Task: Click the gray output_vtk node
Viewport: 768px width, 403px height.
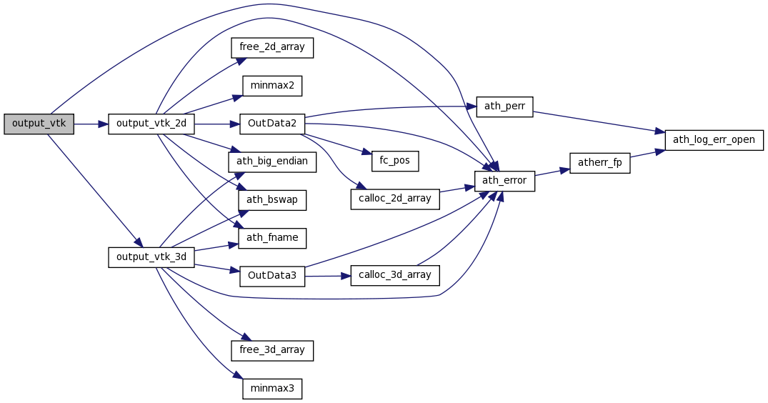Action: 39,124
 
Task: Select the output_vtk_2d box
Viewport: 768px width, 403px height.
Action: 151,124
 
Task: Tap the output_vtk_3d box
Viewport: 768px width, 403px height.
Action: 151,257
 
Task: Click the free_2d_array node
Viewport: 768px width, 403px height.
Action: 272,47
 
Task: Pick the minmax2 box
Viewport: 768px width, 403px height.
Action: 272,86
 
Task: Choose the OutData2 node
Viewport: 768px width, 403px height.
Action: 272,124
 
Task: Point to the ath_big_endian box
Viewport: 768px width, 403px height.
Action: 272,161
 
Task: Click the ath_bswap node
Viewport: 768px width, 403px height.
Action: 272,200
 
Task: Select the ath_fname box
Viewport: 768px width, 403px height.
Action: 272,238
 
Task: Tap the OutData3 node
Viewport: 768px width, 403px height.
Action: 272,276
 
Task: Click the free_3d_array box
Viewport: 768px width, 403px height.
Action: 272,350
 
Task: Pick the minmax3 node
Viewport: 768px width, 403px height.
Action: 272,389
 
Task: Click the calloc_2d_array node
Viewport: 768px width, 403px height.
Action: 395,199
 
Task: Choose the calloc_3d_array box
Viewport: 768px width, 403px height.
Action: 395,275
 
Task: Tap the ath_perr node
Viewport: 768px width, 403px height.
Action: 504,106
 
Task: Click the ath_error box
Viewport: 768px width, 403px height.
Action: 504,180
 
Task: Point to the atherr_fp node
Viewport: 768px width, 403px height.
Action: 599,163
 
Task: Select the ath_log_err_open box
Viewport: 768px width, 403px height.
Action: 714,139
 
